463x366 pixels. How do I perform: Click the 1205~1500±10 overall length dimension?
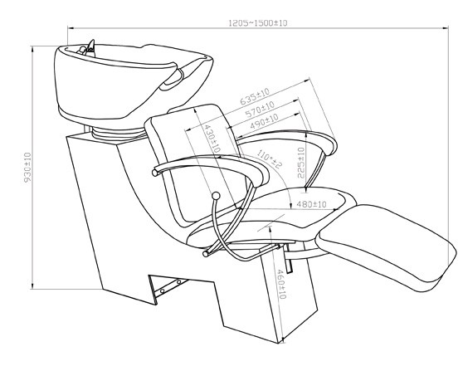pyautogui.click(x=258, y=22)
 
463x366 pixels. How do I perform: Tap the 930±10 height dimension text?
pyautogui.click(x=27, y=167)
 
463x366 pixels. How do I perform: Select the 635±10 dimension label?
pyautogui.click(x=255, y=95)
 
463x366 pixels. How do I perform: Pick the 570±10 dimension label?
pyautogui.click(x=260, y=109)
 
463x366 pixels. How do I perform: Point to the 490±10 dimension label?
pyautogui.click(x=265, y=121)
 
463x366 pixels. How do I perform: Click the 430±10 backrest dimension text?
pyautogui.click(x=212, y=138)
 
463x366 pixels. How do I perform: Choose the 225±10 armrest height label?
pyautogui.click(x=301, y=163)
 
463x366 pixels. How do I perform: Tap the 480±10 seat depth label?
pyautogui.click(x=311, y=204)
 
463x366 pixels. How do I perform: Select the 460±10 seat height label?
pyautogui.click(x=281, y=284)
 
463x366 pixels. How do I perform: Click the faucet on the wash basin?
pyautogui.click(x=88, y=48)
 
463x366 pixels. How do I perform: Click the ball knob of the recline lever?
pyautogui.click(x=217, y=195)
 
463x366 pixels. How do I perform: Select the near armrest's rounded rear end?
pyautogui.click(x=154, y=173)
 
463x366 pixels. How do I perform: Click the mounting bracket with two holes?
pyautogui.click(x=168, y=286)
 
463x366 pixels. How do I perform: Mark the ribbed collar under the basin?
pyautogui.click(x=117, y=134)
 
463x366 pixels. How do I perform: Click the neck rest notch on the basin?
pyautogui.click(x=173, y=78)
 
